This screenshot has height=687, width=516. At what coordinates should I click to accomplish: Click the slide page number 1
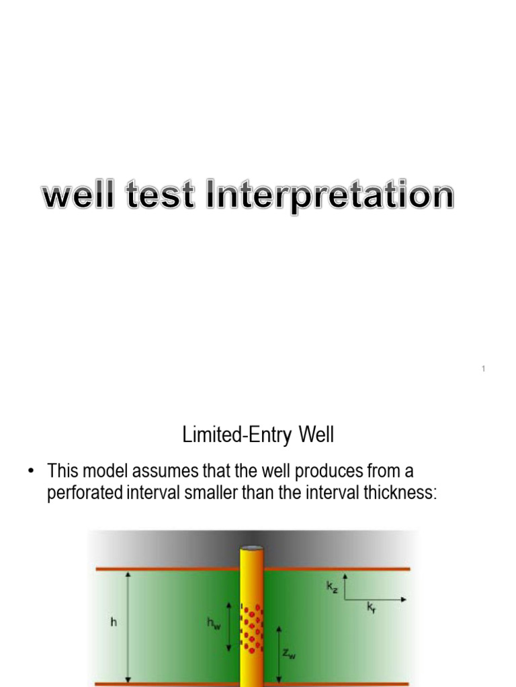point(484,368)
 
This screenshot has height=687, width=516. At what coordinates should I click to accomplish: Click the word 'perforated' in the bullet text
point(84,493)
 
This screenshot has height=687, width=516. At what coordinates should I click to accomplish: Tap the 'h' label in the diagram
point(114,623)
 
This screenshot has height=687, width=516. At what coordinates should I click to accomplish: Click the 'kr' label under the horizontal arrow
point(371,608)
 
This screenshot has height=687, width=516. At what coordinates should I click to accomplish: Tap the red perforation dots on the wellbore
point(251,628)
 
